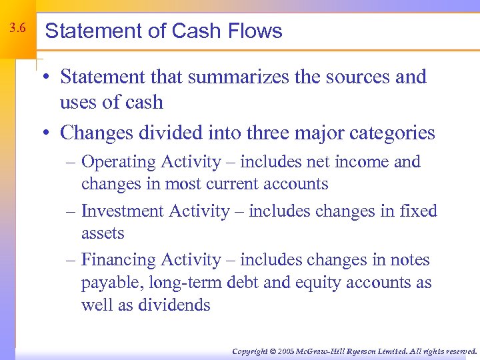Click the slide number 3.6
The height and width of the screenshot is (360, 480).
coord(18,29)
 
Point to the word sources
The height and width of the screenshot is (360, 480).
coord(358,77)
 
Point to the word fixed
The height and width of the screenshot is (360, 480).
coord(417,211)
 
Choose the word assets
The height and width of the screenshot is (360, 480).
coord(103,233)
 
